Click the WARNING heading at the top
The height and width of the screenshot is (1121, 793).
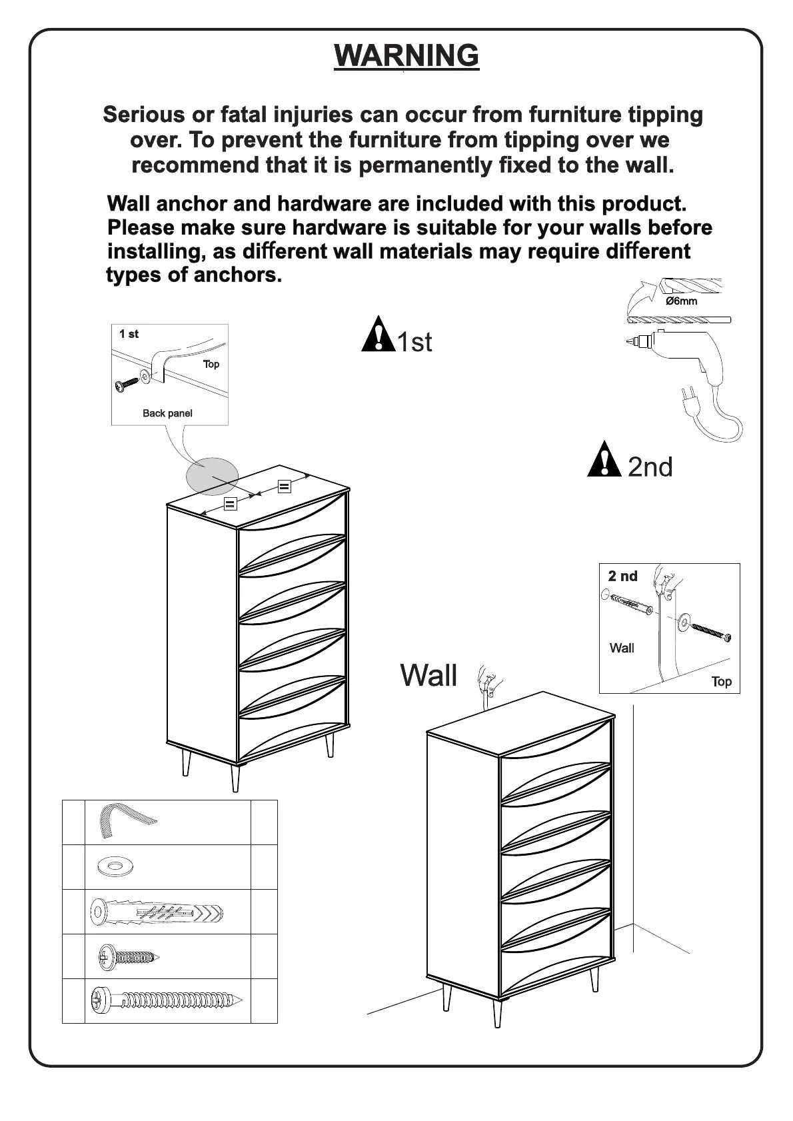[x=406, y=55]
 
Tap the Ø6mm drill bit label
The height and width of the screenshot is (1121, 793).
[x=681, y=301]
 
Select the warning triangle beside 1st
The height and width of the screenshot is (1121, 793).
[x=378, y=335]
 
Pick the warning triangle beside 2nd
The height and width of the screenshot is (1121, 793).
[x=604, y=460]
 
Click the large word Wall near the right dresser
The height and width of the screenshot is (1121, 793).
[x=428, y=675]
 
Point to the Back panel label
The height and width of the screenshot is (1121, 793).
[x=167, y=413]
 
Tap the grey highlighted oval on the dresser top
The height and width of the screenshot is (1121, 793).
[x=211, y=477]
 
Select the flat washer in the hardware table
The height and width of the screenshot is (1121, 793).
[x=115, y=867]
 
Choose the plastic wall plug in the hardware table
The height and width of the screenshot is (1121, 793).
[x=157, y=912]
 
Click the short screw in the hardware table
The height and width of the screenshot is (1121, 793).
[x=129, y=958]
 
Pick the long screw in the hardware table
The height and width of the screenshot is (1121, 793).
[x=167, y=1000]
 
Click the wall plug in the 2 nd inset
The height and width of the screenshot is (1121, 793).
[x=630, y=601]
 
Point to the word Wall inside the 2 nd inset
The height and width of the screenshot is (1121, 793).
[x=622, y=648]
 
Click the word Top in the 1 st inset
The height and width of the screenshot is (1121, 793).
[x=211, y=364]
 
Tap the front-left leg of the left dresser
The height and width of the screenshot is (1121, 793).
[x=235, y=778]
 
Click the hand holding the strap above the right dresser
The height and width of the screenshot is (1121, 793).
[x=488, y=680]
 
